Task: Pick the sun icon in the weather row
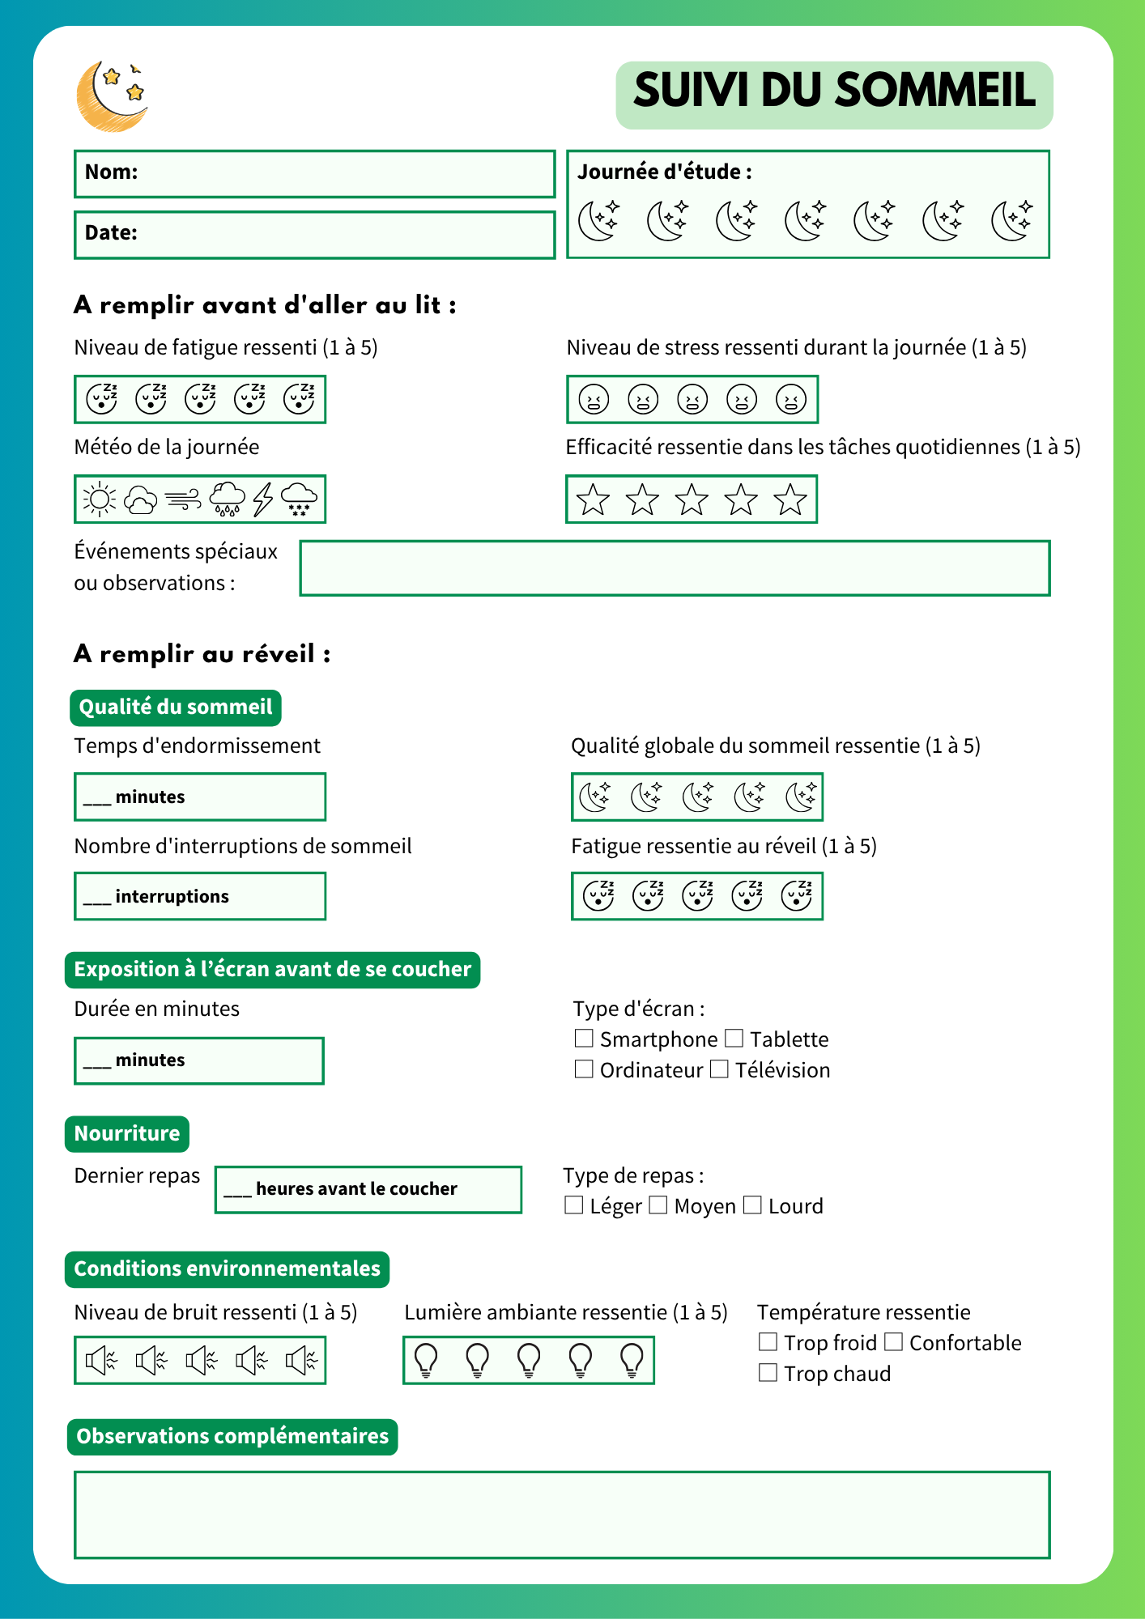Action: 100,499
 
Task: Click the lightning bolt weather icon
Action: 262,499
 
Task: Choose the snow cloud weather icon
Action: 300,499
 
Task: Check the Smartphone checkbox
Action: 584,1038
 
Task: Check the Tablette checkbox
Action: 734,1038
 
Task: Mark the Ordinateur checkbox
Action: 584,1069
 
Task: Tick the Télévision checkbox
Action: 719,1069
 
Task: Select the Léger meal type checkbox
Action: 573,1205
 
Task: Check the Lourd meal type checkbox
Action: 752,1205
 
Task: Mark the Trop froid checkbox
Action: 768,1342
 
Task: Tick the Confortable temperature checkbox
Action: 893,1342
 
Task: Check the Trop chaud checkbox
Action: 768,1373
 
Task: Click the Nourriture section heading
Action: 127,1133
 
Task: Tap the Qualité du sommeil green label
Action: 176,708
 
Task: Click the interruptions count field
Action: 200,896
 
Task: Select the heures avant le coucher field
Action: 368,1189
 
